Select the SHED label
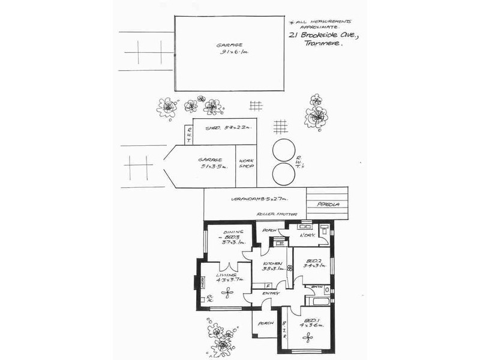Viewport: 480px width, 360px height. coord(212,128)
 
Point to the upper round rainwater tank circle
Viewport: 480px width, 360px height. coord(283,149)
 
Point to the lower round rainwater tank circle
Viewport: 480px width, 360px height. coord(283,174)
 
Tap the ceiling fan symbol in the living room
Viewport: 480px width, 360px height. coord(228,293)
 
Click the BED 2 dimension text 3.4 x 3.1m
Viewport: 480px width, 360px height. coord(314,266)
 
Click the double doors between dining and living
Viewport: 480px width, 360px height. coord(224,267)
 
